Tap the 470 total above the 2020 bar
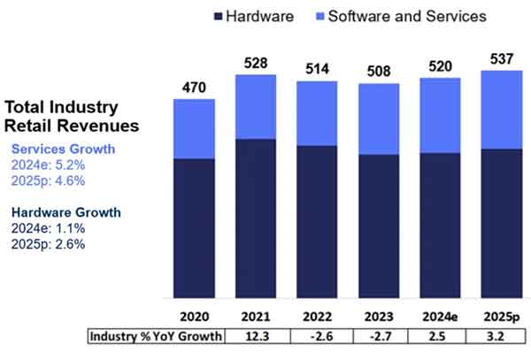pyautogui.click(x=194, y=88)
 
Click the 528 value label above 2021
pyautogui.click(x=255, y=64)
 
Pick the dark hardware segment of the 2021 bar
pyautogui.click(x=255, y=217)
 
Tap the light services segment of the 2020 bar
pyautogui.click(x=194, y=128)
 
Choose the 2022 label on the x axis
pyautogui.click(x=316, y=315)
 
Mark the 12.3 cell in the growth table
pyautogui.click(x=255, y=336)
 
